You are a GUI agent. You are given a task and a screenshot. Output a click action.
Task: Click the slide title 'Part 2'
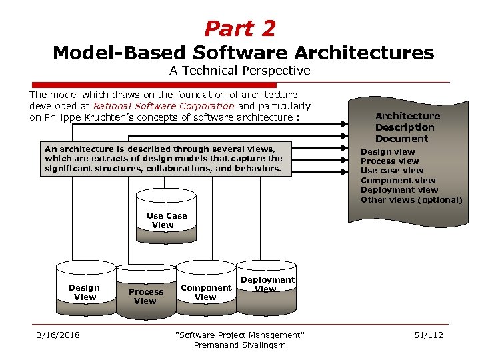tap(239, 29)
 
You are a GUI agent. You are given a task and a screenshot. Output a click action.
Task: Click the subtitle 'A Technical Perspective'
tap(239, 71)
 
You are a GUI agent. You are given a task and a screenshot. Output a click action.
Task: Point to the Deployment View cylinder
tap(267, 284)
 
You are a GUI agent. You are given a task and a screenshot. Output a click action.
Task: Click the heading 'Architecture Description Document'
tap(407, 127)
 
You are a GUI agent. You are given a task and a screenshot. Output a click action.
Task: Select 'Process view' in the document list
tap(389, 161)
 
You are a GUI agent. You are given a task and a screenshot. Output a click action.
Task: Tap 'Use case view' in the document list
tap(392, 171)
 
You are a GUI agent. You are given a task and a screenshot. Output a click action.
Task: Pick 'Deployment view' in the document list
tap(399, 190)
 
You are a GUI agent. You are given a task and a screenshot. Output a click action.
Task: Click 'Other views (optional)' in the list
tap(411, 199)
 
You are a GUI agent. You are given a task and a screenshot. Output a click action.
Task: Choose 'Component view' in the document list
tap(398, 181)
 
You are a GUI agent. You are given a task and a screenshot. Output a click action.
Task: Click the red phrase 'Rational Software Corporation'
tap(163, 106)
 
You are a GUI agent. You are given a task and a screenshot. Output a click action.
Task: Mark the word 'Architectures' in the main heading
tap(369, 53)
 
